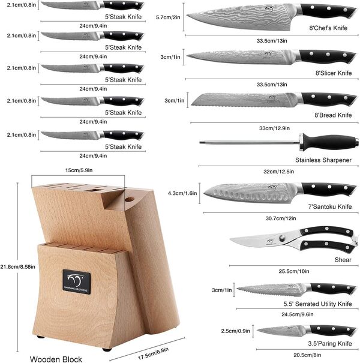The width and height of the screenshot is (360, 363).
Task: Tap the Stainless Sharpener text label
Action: click(x=323, y=160)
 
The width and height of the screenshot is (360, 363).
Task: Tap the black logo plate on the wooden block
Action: click(x=76, y=282)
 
